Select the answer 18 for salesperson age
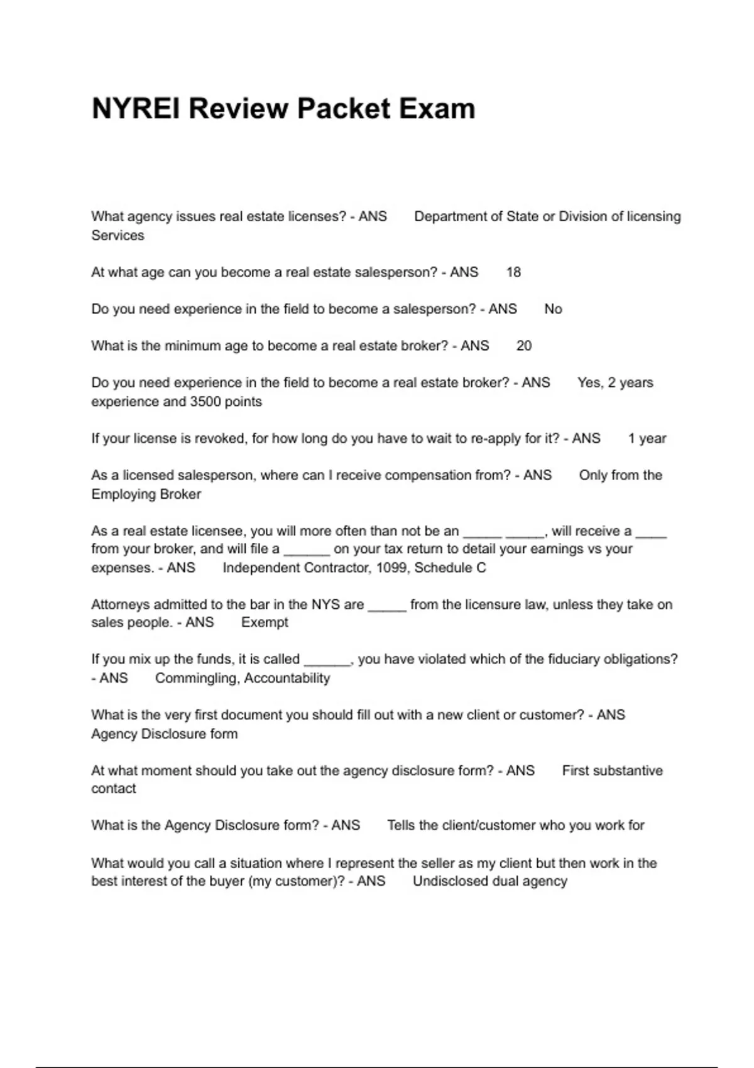513,272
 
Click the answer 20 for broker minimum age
523,346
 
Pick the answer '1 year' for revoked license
647,439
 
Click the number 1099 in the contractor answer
391,568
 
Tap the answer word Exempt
265,623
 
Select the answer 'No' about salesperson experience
553,309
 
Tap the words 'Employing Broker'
146,494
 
